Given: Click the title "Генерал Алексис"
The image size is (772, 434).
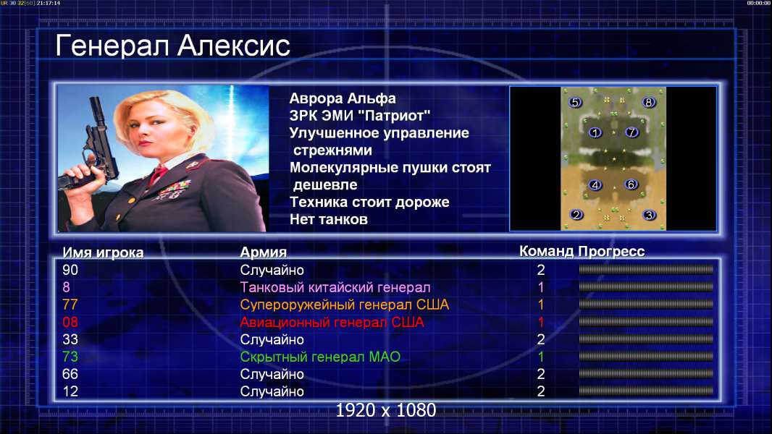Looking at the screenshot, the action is tap(173, 46).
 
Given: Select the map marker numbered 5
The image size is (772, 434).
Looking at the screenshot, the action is tap(575, 102).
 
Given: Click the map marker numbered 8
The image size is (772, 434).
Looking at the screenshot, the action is tap(648, 102).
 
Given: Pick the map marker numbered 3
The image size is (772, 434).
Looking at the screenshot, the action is tap(650, 216).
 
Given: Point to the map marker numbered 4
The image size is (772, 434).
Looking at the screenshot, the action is tap(595, 184).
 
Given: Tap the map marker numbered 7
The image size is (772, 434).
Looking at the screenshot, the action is tap(632, 132).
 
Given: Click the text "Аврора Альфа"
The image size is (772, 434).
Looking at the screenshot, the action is tap(342, 98).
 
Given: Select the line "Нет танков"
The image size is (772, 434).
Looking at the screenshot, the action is tap(328, 219).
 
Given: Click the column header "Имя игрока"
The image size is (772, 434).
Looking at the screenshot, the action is tap(103, 252).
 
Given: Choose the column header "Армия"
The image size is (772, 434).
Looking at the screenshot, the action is tap(264, 252).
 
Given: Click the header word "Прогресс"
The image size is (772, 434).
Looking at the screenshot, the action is tap(611, 251).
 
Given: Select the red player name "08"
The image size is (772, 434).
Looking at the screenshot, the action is tap(70, 322).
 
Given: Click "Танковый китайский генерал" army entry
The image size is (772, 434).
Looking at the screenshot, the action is tap(335, 287).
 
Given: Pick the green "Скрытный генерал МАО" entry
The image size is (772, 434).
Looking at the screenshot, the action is tap(320, 357).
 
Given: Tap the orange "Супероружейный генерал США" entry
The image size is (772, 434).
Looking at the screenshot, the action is tap(345, 305).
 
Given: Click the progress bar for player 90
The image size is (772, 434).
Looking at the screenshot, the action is tap(646, 269).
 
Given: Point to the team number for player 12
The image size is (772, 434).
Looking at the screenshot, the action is tap(541, 391).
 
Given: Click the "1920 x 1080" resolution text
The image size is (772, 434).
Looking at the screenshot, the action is tap(386, 410).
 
